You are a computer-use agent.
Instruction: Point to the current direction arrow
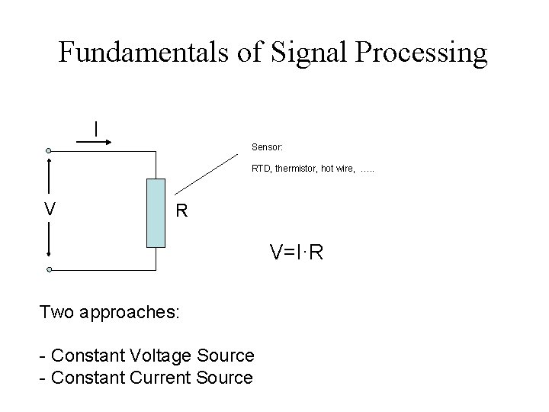tap(96, 142)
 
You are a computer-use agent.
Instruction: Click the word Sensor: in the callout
tap(267, 146)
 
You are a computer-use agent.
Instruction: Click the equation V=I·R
tap(297, 252)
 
